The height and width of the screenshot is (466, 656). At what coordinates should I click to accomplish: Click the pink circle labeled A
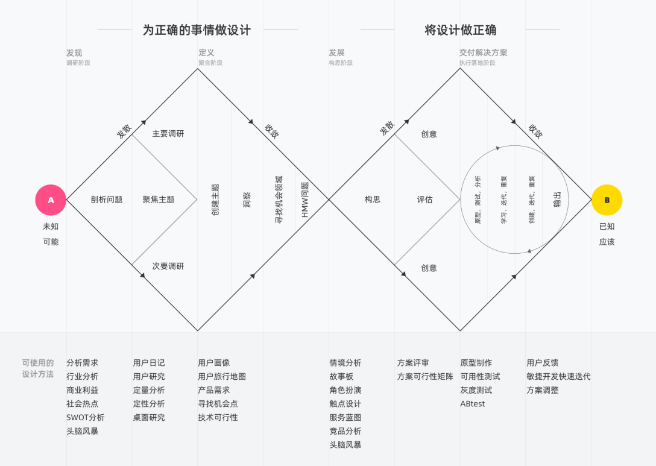point(51,200)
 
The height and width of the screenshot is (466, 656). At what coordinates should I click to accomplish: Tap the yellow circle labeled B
point(607,200)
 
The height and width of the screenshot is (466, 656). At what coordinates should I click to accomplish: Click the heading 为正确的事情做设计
point(197,30)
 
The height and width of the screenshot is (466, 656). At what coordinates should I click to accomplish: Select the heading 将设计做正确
point(460,30)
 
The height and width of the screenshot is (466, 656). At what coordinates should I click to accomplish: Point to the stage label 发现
point(74,52)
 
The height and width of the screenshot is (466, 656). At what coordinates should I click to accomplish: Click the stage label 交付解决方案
point(483,52)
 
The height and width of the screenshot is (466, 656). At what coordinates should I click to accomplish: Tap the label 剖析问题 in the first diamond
point(107,200)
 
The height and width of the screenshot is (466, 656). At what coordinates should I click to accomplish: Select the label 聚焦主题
point(159,200)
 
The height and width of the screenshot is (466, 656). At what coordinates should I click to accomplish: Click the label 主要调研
point(168,133)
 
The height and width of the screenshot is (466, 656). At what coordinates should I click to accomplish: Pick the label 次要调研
point(168,266)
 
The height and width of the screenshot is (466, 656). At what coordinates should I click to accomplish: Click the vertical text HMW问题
point(304,200)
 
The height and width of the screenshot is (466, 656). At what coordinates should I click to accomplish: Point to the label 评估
point(424,200)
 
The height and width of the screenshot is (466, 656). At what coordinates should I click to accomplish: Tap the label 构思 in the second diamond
point(373,200)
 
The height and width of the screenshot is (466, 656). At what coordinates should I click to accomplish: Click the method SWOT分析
point(85,417)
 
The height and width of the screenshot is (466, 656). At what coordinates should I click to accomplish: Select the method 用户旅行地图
point(222,376)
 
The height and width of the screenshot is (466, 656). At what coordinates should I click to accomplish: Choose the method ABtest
point(472,404)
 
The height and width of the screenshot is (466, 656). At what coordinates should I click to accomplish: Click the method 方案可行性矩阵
point(425,376)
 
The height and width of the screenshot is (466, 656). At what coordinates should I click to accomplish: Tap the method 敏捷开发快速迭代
point(558,376)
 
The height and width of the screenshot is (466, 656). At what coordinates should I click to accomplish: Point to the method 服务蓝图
point(345,417)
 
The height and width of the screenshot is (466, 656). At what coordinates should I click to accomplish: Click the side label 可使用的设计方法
point(38,368)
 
